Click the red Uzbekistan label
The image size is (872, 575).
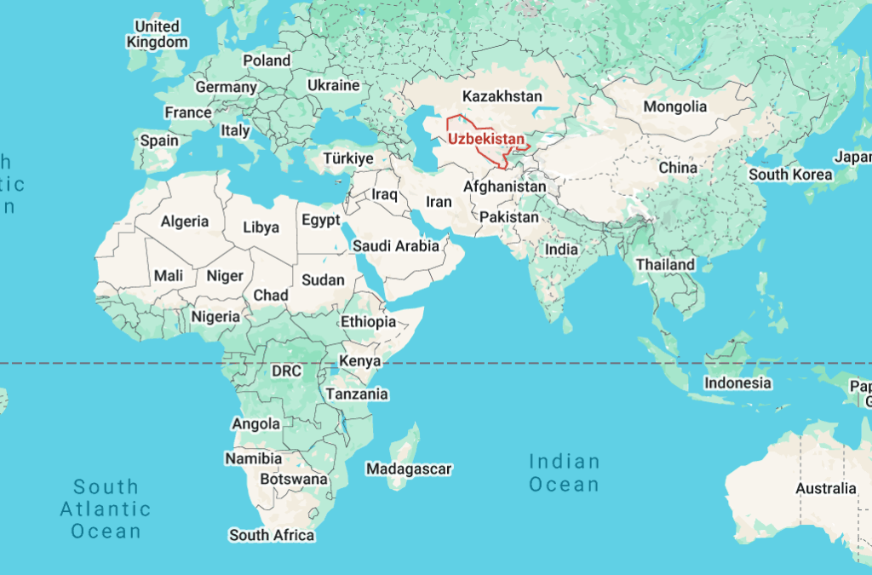485,139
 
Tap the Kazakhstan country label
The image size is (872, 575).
501,96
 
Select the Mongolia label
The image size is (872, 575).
674,107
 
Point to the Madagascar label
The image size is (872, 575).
409,469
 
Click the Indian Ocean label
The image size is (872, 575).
564,473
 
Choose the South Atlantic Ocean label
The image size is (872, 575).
106,509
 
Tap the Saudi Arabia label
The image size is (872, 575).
396,246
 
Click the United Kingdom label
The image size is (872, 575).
158,34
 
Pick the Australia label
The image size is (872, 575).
825,488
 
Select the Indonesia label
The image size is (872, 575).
737,383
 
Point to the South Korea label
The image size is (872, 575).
790,175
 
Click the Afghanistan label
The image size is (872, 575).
504,187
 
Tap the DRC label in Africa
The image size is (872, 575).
286,371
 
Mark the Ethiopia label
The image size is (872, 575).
368,322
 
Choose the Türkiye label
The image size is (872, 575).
347,158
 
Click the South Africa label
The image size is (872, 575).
272,535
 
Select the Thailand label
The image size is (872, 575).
665,265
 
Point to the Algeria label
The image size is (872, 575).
185,221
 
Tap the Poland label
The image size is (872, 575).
267,60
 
